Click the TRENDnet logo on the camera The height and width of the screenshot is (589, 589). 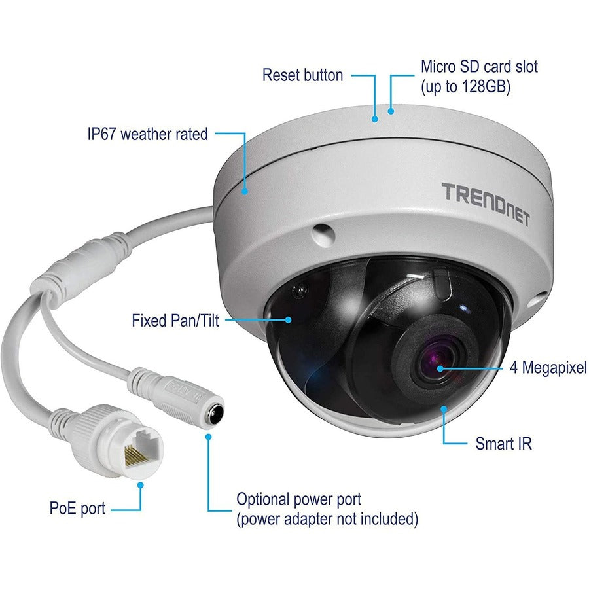484,194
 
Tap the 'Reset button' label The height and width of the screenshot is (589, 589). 302,75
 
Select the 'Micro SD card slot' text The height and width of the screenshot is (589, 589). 479,66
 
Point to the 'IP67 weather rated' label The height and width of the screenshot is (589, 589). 147,134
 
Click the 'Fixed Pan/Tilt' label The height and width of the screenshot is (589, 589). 175,321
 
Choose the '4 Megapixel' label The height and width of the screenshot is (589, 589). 548,368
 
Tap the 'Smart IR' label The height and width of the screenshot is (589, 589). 503,444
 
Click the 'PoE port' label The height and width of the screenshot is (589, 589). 77,509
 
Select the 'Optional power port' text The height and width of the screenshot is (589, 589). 298,500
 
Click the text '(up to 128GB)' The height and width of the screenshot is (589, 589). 465,86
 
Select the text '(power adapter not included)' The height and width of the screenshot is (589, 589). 327,520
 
